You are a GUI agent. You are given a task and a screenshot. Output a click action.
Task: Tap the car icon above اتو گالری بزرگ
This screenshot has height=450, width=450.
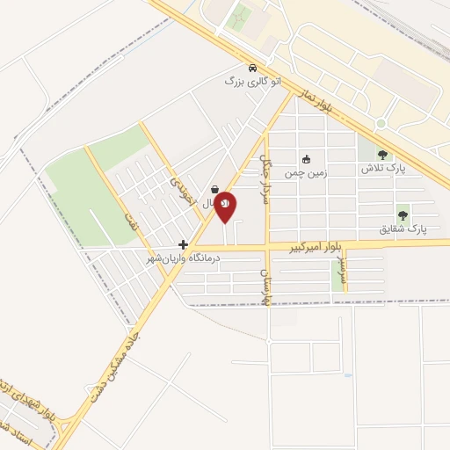click(x=252, y=68)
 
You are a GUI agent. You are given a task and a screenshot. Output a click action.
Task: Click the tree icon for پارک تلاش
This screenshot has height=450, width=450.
click(x=382, y=155)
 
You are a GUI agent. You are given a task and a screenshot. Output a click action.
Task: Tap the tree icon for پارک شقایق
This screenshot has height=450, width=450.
click(x=403, y=214)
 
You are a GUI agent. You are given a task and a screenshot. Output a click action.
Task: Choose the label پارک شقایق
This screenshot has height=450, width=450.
click(x=403, y=228)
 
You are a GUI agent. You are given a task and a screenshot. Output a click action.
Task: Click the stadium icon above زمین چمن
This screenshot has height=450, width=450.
click(x=306, y=159)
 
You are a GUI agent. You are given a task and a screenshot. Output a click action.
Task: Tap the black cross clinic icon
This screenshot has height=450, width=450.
click(x=183, y=244)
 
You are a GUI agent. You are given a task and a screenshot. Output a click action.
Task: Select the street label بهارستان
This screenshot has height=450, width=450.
click(x=262, y=287)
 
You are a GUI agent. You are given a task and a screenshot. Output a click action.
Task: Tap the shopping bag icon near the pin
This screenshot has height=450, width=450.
click(x=215, y=189)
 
